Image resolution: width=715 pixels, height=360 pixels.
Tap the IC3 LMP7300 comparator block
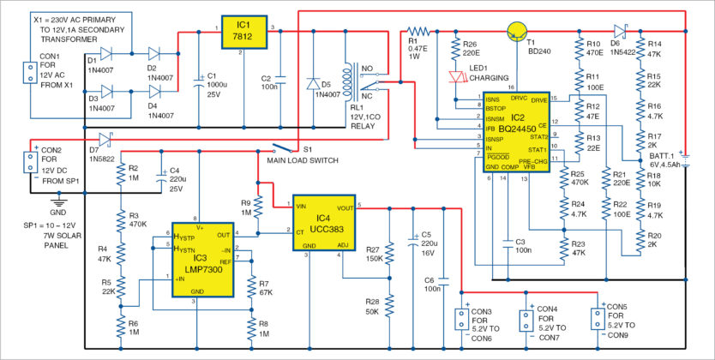click(201, 260)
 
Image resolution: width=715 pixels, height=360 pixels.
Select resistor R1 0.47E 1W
click(418, 31)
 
